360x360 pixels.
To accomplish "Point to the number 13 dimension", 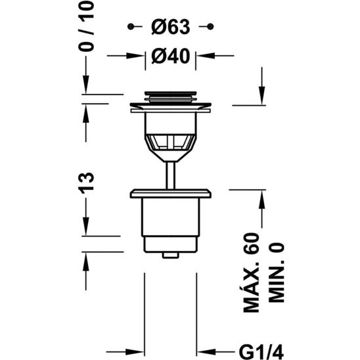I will point(88,183).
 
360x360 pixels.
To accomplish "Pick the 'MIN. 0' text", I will point(277,276).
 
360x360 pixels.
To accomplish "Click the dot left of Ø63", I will point(131,26).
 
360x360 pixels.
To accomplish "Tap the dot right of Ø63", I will point(210,26).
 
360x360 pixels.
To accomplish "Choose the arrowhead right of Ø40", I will point(203,56).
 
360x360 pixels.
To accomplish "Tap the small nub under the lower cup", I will point(170,254).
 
